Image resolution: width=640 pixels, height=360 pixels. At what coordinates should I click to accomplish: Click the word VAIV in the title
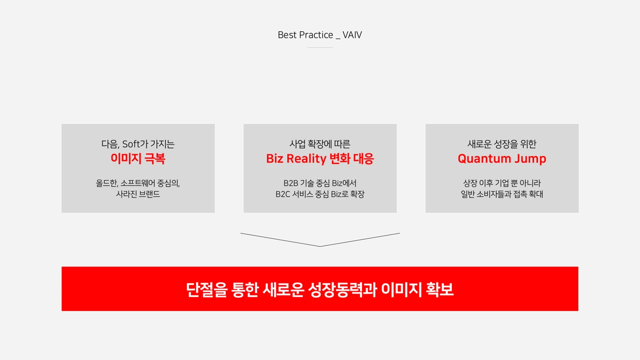coord(352,35)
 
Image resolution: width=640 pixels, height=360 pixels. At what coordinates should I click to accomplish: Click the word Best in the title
coord(287,35)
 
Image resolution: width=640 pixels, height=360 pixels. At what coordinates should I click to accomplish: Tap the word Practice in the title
coord(316,35)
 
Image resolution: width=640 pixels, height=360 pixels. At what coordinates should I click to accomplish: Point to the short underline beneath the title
coord(320,47)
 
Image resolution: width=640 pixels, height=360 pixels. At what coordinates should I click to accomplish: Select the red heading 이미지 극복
coord(138,158)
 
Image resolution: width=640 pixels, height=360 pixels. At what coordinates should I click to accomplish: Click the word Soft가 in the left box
coord(135,144)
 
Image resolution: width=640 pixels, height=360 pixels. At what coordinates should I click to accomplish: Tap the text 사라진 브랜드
coord(138,194)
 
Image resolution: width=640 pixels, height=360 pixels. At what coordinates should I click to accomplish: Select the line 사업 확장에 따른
coord(320,144)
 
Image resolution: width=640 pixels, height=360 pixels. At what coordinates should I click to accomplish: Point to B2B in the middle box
coord(290,183)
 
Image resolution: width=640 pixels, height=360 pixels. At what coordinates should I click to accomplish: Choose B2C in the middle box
coord(283,194)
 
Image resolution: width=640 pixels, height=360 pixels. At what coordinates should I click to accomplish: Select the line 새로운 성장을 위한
coord(502,144)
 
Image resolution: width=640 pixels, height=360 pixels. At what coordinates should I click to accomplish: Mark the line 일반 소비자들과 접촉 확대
coord(502,194)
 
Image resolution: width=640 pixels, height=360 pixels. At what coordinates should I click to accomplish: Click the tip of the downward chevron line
coord(320,246)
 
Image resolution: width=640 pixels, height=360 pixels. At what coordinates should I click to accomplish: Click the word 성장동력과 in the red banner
coord(342,289)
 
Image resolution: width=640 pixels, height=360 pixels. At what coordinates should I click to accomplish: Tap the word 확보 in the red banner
coord(439,289)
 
